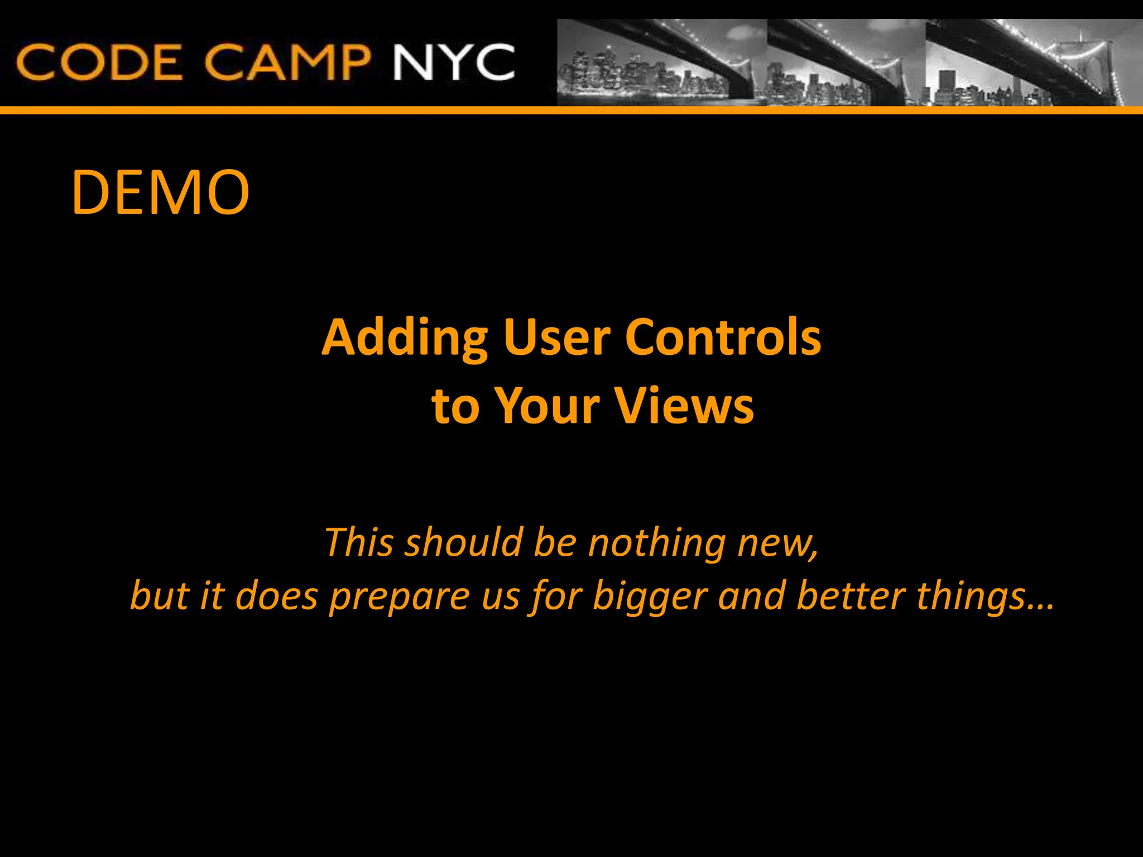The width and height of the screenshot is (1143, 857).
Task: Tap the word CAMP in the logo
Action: [x=287, y=62]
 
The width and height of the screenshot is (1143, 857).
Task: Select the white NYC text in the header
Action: [x=453, y=62]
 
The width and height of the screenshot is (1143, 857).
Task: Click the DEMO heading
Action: [x=160, y=192]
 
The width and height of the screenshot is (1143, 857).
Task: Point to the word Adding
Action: [x=405, y=338]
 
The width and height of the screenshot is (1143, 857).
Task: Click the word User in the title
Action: [x=556, y=338]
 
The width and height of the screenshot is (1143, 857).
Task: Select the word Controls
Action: [x=723, y=338]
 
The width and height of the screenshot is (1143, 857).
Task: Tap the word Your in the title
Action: [x=547, y=406]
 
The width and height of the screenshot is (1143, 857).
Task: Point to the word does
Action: [x=276, y=596]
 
